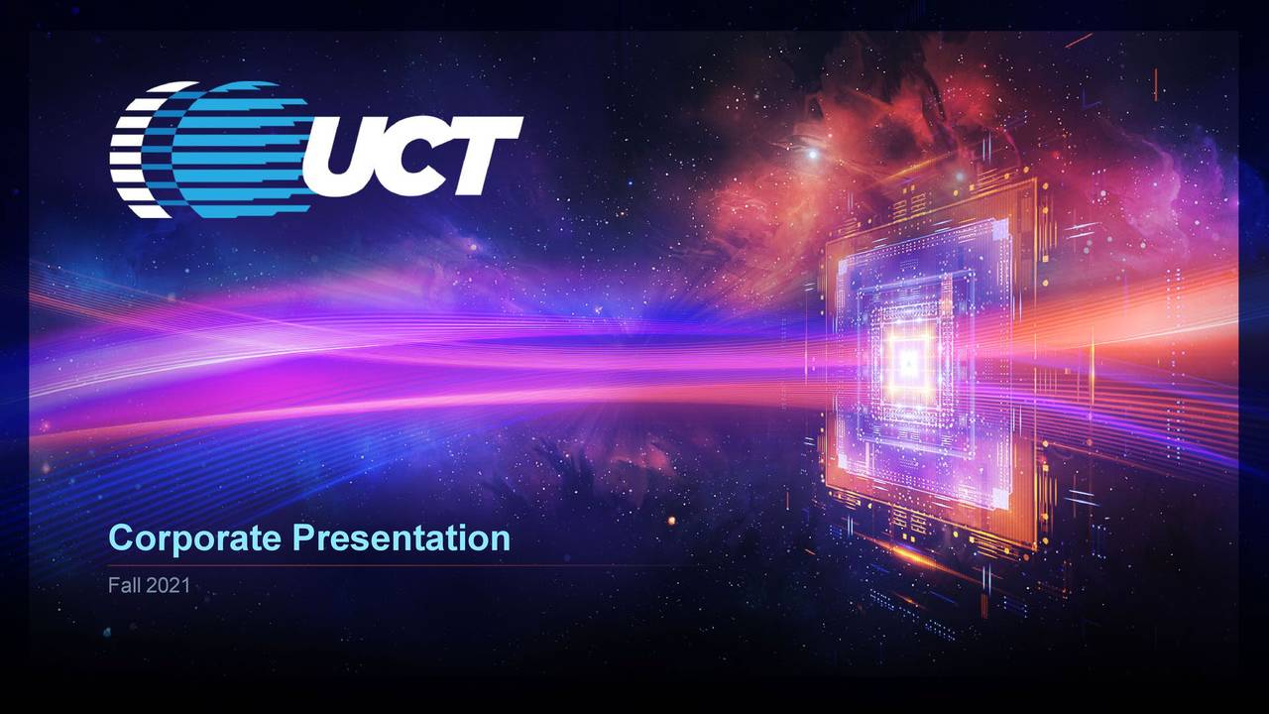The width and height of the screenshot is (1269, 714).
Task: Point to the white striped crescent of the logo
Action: (x=134, y=149)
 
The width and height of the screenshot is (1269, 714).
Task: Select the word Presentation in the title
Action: (x=402, y=538)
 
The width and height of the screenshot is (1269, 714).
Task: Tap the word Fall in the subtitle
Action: (x=124, y=586)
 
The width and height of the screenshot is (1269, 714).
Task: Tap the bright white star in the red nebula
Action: (x=813, y=154)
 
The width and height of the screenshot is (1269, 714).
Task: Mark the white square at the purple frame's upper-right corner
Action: (x=999, y=230)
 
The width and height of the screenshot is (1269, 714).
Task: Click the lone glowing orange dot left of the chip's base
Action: (x=671, y=520)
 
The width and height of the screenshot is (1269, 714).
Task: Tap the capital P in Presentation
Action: (x=302, y=538)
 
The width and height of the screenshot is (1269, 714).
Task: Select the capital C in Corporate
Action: (x=120, y=538)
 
